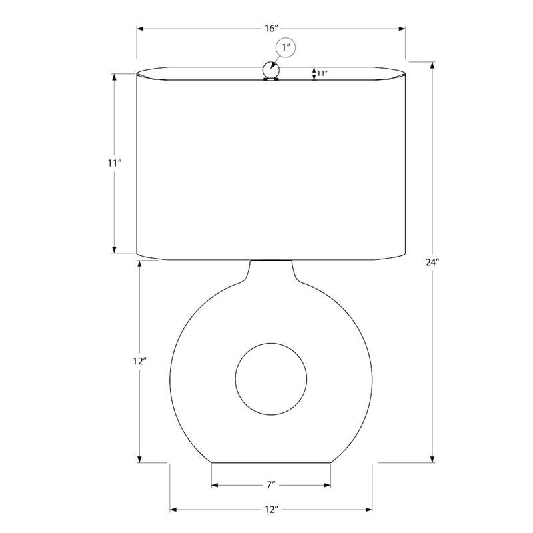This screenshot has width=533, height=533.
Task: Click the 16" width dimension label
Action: [x=272, y=28]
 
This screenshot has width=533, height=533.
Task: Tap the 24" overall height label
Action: [x=432, y=262]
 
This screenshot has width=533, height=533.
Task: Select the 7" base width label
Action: [x=271, y=485]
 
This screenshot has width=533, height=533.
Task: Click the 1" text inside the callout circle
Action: [x=286, y=47]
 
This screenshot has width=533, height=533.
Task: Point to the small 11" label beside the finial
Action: [x=322, y=73]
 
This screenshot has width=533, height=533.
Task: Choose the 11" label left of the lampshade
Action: [x=115, y=163]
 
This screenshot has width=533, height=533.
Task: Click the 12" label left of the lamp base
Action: [x=139, y=361]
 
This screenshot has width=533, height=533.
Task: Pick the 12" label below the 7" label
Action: [x=272, y=510]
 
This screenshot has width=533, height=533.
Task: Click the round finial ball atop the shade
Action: [x=271, y=70]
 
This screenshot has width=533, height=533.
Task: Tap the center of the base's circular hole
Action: [x=271, y=379]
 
